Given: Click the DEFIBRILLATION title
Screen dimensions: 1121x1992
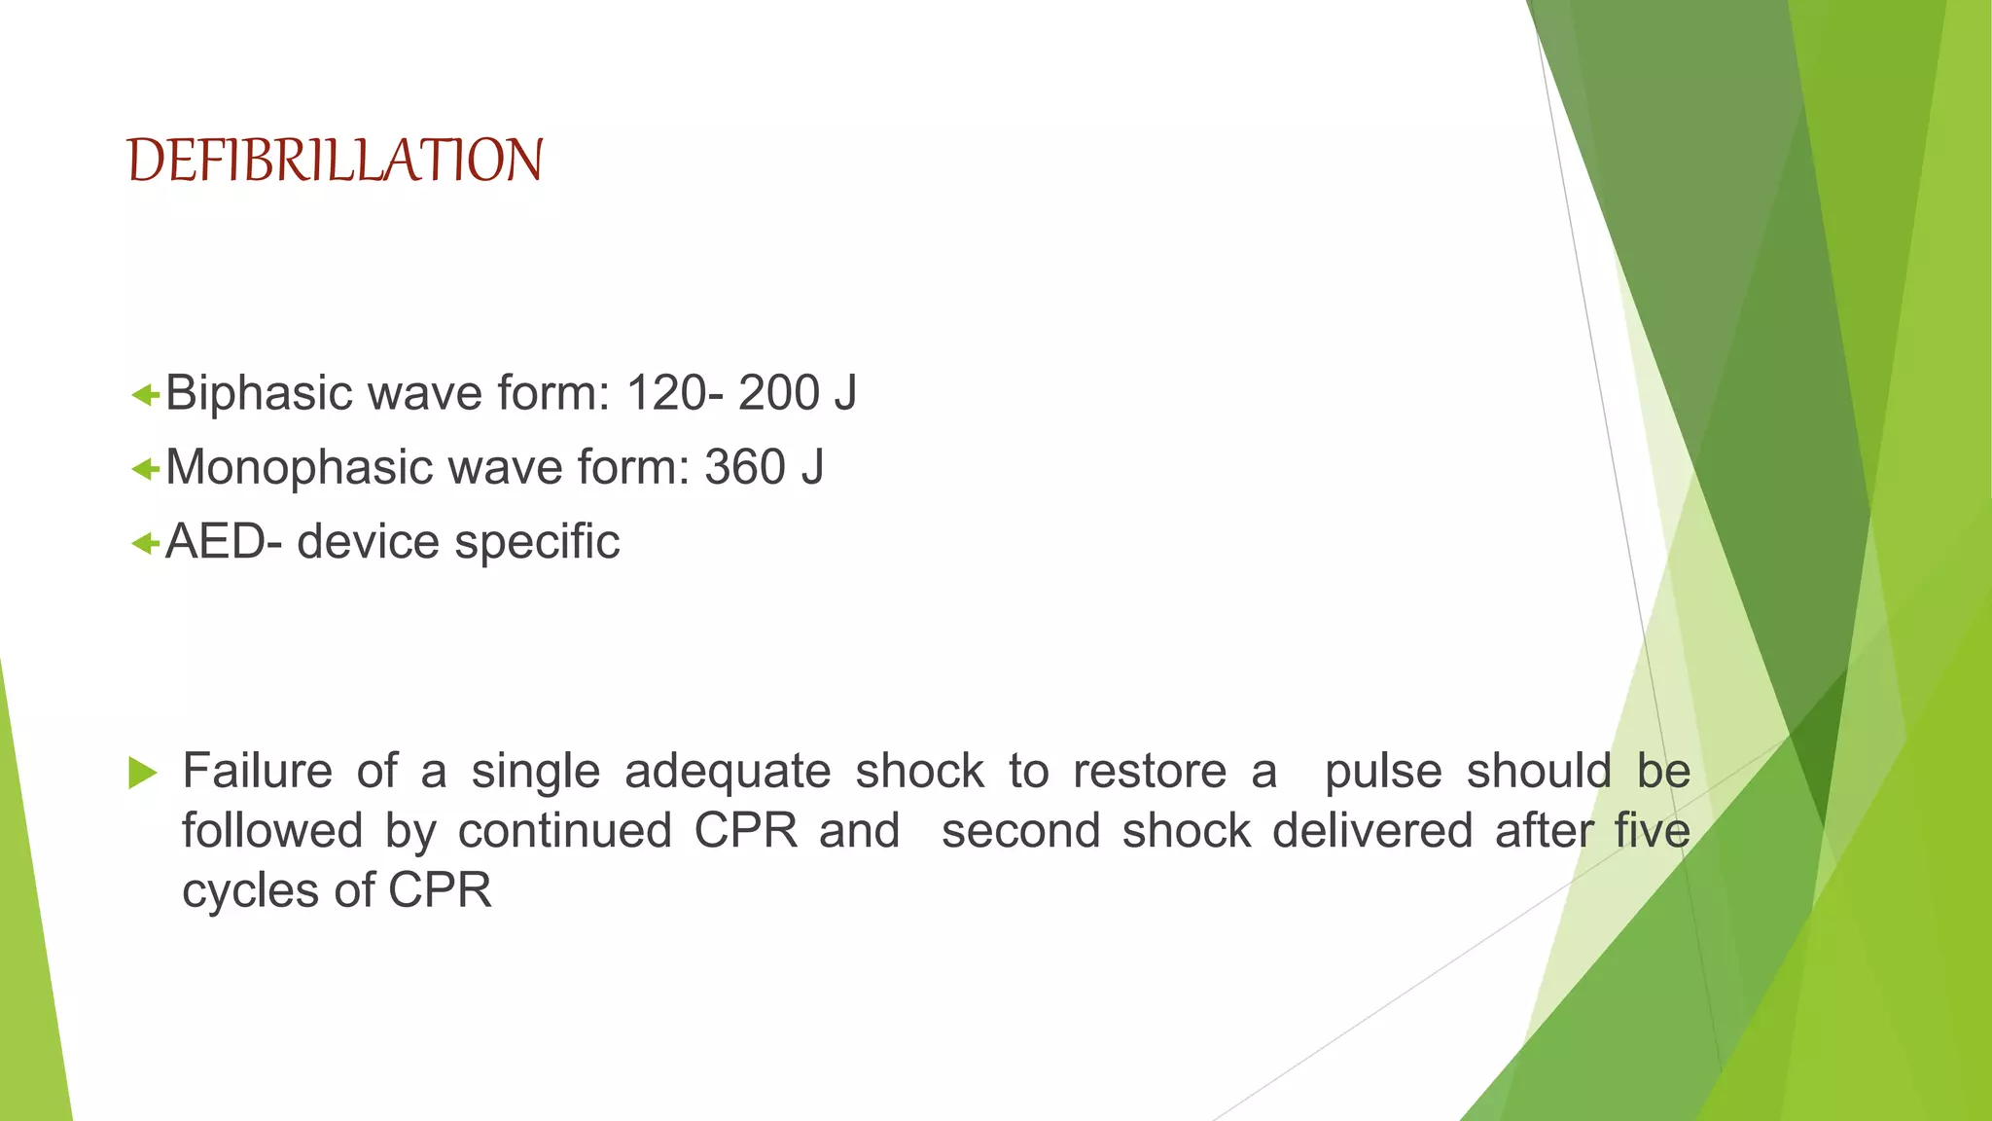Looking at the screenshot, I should click(335, 161).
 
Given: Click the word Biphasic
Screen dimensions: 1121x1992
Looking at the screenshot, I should click(259, 394).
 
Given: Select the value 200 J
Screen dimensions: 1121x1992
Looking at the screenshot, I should click(798, 393).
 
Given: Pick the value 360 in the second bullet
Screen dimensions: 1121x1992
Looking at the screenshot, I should click(745, 467).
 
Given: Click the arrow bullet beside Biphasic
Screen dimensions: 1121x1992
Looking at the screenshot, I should click(145, 395).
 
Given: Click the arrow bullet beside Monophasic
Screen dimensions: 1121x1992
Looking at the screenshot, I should click(145, 469).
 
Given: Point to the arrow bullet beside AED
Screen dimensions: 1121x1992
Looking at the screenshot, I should click(145, 543).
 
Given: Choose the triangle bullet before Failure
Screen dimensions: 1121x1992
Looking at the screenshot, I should click(142, 774).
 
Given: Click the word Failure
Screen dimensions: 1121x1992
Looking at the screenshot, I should click(258, 772).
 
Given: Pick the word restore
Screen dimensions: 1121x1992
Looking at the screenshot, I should click(1150, 773).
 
